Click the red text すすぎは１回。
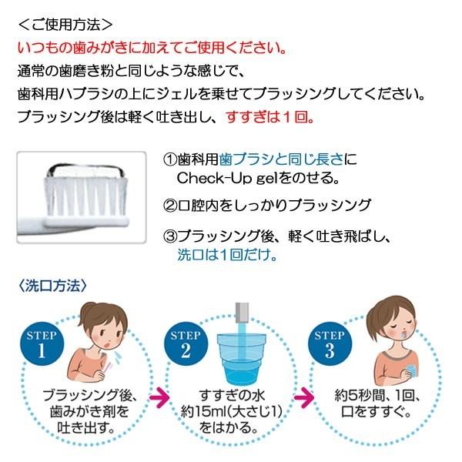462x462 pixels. [x=269, y=119]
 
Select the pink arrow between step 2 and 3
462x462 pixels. [x=304, y=398]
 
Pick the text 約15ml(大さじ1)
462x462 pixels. [x=231, y=413]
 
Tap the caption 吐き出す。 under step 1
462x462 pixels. [x=85, y=428]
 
